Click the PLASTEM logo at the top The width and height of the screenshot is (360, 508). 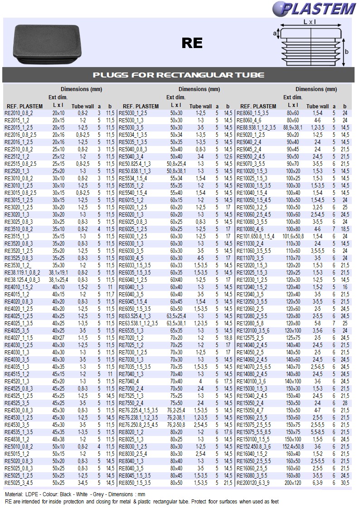314,9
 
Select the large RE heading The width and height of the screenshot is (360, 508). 192,43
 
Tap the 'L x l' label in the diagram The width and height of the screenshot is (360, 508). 310,22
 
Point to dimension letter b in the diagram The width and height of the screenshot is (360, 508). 347,52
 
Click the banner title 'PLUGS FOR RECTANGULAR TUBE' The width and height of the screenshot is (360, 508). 179,75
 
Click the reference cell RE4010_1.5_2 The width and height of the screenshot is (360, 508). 19,287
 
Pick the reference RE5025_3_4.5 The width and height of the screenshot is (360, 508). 19,483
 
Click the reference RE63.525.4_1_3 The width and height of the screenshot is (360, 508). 135,316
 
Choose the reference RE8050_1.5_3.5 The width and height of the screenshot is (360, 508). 135,483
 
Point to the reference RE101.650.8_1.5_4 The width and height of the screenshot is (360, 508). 256,237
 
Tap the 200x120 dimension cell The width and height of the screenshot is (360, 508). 293,483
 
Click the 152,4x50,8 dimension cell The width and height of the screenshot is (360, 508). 293,447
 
